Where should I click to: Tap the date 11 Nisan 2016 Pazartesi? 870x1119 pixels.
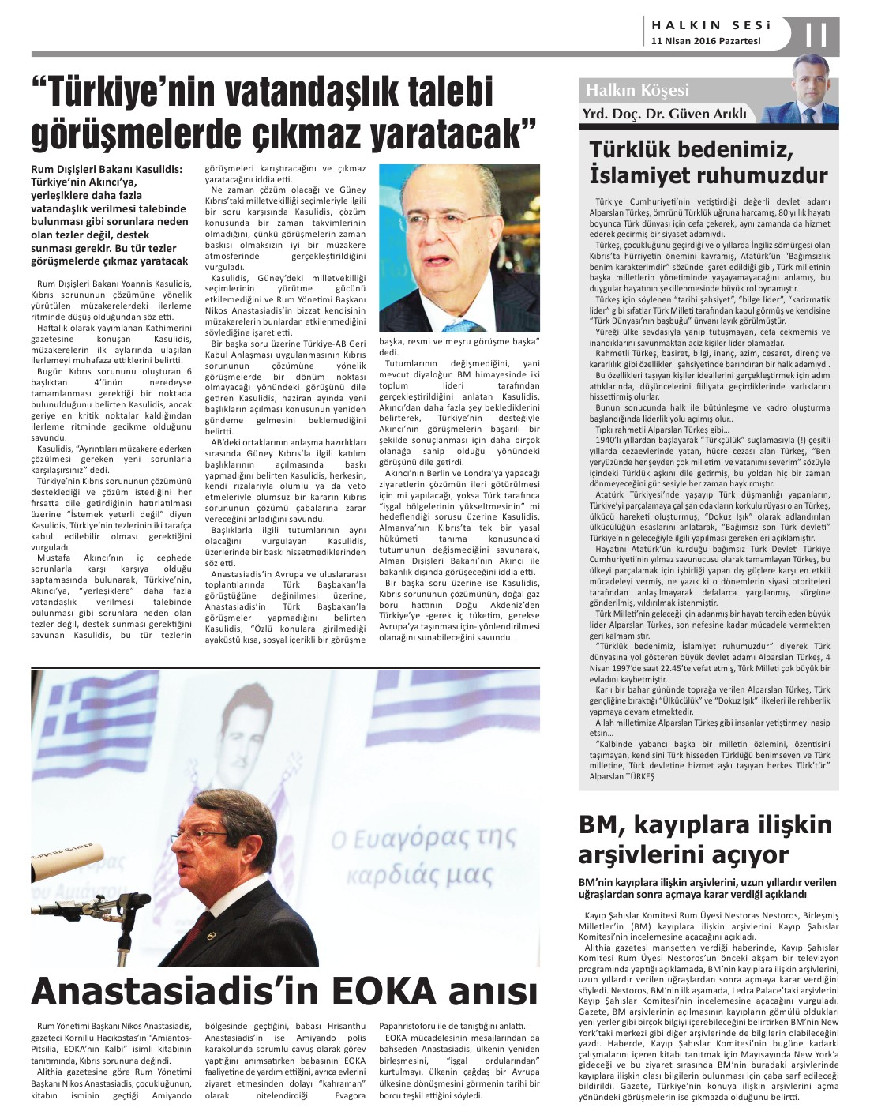[706, 41]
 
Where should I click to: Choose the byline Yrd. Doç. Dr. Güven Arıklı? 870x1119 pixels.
[664, 114]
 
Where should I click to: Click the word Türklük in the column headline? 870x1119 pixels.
[639, 150]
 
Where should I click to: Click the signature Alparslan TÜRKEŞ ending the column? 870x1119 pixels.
[622, 776]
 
